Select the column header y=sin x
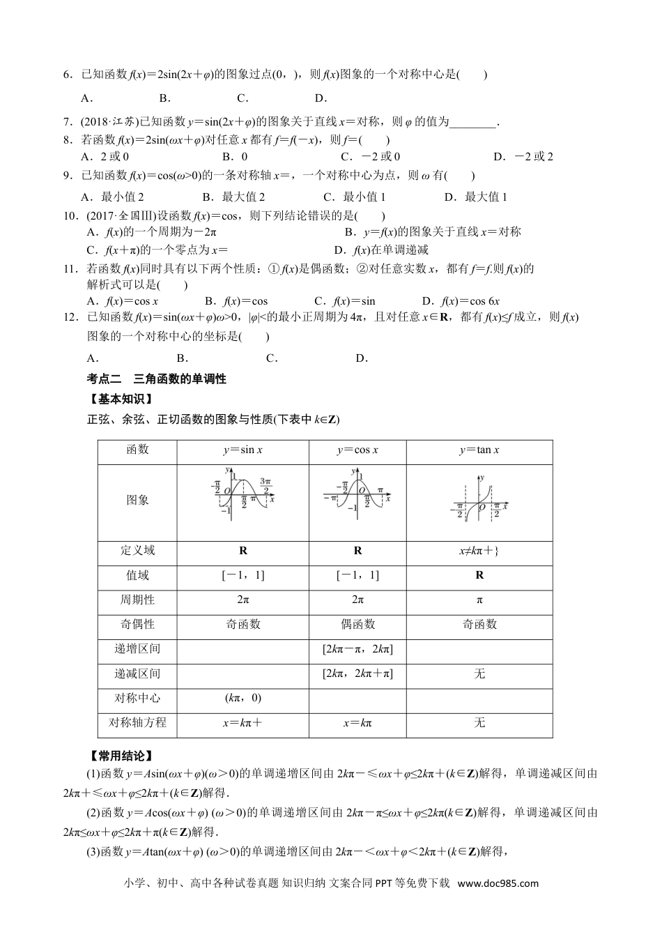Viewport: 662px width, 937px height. point(243,450)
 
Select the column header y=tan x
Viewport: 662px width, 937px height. point(479,450)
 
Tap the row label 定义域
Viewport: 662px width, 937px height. point(137,551)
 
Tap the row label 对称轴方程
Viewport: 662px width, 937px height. point(137,723)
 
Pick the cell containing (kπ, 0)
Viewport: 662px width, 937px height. point(243,698)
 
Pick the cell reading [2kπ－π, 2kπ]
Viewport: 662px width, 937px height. point(357,649)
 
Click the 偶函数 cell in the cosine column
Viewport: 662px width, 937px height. point(357,625)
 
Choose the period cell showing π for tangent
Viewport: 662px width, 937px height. point(479,600)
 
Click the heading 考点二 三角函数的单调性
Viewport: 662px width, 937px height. point(157,379)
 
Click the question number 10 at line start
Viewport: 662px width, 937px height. point(69,216)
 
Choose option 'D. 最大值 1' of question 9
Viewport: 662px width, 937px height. point(476,197)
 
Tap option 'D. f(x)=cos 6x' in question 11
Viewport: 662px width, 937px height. point(461,301)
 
